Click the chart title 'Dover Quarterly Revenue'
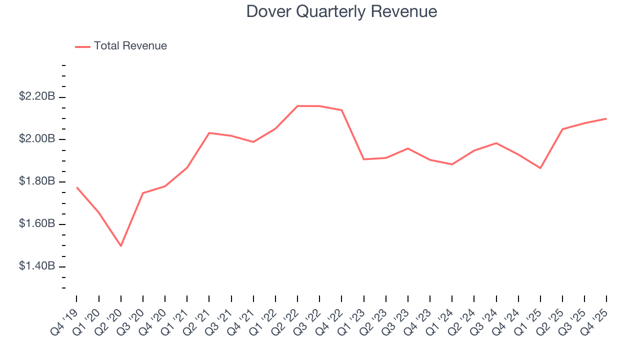[x=341, y=11]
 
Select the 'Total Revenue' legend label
[x=130, y=46]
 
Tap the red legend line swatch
[x=82, y=46]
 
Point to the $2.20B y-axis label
[x=37, y=96]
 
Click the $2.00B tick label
[x=37, y=139]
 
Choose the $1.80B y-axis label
[x=37, y=181]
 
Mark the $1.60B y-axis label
[x=37, y=224]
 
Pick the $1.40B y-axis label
[x=37, y=266]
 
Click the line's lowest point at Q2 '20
[x=121, y=246]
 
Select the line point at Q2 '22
[x=297, y=106]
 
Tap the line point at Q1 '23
[x=364, y=159]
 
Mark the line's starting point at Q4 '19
[x=77, y=187]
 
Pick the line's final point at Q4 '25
[x=606, y=118]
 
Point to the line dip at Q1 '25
[x=540, y=168]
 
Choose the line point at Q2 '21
[x=209, y=133]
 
